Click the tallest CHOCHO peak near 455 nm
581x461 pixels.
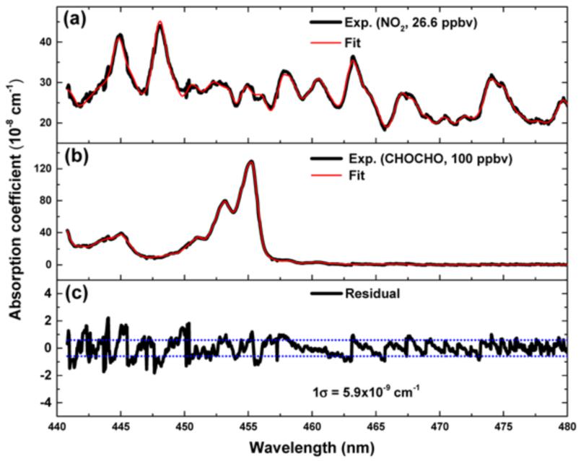tap(251, 162)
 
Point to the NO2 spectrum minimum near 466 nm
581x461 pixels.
tap(385, 129)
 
